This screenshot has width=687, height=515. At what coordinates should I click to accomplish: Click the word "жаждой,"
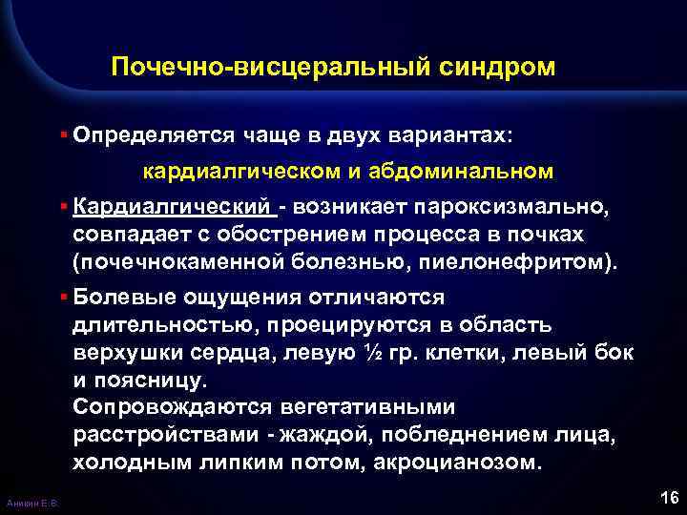[323, 435]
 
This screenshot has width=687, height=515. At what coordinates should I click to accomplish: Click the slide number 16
[667, 498]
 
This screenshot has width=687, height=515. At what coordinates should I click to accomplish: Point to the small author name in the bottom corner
[31, 503]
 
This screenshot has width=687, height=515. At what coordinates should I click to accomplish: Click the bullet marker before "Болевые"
[62, 298]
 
